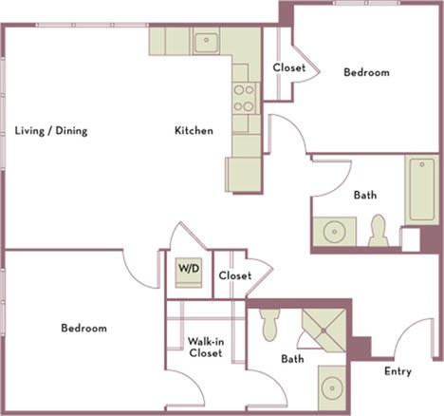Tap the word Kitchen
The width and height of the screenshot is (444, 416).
193,131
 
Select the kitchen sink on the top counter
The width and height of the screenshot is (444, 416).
206,42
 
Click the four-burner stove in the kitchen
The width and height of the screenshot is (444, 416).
244,95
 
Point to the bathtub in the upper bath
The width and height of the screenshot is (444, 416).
420,191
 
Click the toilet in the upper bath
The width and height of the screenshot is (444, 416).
379,231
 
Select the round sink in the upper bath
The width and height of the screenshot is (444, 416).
335,233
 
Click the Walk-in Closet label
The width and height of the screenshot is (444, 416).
204,347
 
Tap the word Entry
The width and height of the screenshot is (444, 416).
397,371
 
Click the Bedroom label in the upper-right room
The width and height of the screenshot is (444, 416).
366,73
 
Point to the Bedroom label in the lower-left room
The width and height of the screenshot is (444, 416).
83,329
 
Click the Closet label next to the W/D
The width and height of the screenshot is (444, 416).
234,276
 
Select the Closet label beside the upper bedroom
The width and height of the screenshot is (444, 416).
288,67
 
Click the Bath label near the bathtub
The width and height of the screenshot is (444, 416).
365,196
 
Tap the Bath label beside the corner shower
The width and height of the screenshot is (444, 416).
292,359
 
